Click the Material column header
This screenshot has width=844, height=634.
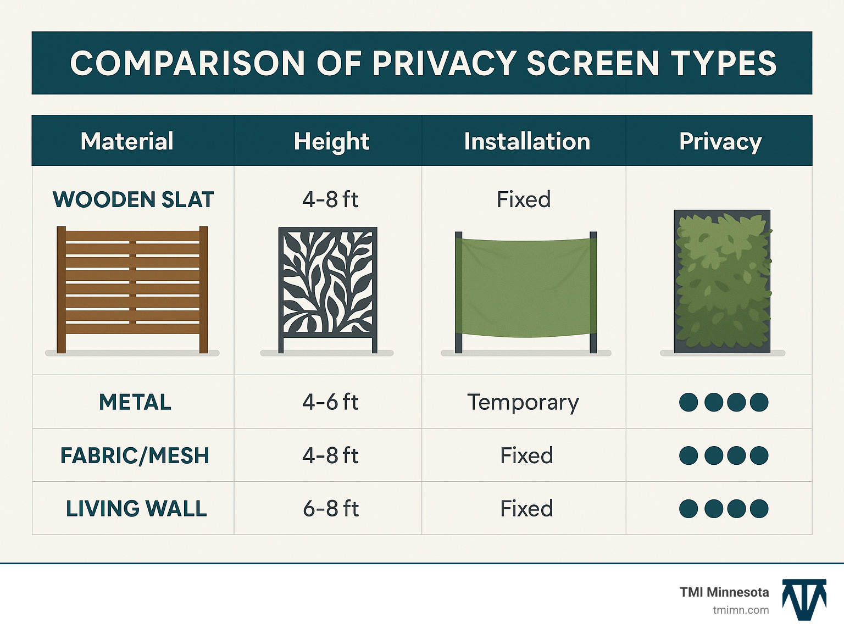127,141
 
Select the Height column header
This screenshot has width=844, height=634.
331,141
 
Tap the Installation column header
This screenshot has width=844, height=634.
526,141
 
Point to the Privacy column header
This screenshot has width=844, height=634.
720,141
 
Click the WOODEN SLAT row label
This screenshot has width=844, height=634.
133,199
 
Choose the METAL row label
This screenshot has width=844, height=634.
135,402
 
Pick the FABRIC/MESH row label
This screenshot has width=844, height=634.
135,455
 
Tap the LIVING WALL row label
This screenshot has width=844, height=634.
136,509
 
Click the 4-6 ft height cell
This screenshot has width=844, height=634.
330,402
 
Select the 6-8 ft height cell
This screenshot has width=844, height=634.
331,509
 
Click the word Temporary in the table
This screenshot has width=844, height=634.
523,402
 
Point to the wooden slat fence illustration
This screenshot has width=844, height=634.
132,289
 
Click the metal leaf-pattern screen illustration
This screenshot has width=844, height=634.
328,289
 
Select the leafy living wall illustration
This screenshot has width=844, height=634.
722,281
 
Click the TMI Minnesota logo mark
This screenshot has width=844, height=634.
804,599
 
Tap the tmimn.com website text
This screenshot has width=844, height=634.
741,610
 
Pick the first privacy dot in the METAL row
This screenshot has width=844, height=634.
688,402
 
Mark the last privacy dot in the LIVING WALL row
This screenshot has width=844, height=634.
759,509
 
